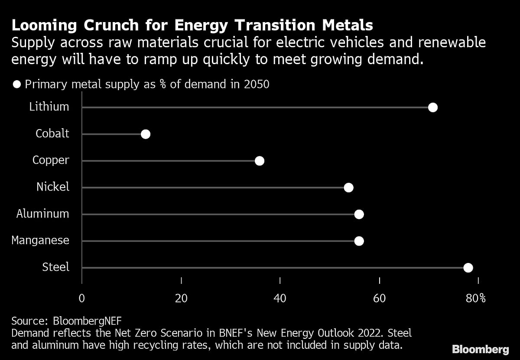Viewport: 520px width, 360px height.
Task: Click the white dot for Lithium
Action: click(432, 107)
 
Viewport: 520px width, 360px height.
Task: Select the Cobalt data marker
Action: click(146, 134)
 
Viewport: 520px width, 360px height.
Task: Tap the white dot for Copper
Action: click(260, 161)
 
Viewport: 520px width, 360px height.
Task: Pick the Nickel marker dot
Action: click(348, 188)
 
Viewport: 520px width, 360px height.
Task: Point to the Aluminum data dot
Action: click(359, 214)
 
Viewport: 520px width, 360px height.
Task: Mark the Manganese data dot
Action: click(359, 241)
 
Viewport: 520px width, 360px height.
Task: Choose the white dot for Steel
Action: click(468, 268)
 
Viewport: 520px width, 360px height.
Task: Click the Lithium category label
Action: click(49, 107)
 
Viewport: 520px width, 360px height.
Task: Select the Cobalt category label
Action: click(52, 133)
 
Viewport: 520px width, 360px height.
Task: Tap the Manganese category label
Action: click(40, 240)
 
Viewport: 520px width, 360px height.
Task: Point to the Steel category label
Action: click(55, 267)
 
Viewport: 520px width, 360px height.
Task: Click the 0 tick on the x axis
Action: click(81, 298)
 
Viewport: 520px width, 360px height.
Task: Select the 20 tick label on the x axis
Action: click(181, 298)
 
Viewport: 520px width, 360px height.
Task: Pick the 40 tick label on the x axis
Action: click(280, 298)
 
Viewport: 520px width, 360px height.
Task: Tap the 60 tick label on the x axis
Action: click(380, 298)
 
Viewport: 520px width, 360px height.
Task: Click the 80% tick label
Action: click(476, 298)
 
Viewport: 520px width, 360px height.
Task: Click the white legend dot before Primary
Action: click(17, 84)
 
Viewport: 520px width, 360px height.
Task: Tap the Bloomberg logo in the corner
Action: click(480, 349)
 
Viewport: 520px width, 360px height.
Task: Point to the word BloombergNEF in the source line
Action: click(87, 321)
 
